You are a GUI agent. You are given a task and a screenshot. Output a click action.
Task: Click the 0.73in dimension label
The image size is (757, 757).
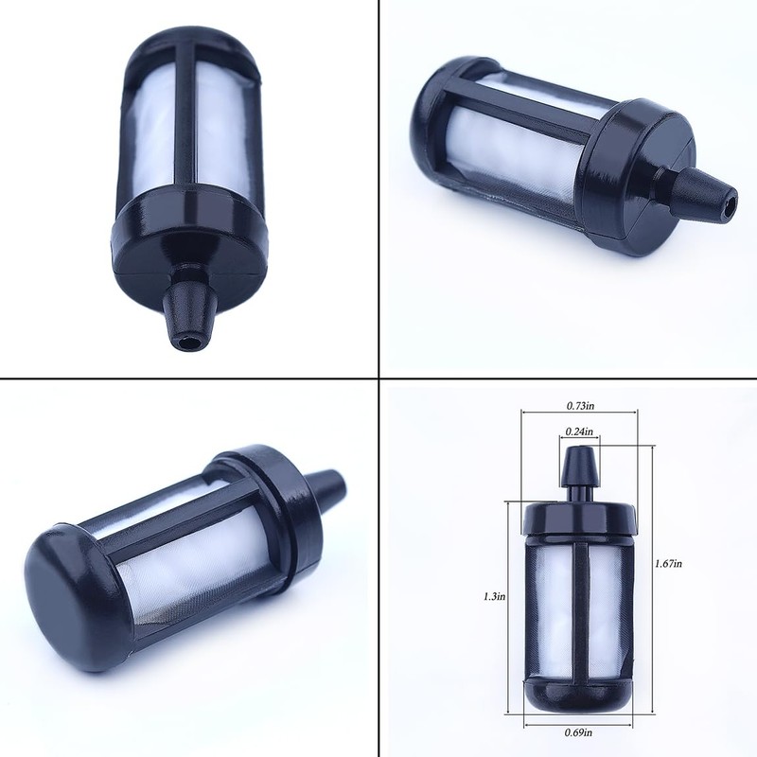580,406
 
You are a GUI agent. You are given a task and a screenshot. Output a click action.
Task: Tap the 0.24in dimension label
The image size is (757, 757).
579,431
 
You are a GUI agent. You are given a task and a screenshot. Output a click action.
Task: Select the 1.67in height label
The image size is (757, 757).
668,563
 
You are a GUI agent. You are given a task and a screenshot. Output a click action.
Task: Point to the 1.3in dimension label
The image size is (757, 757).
495,596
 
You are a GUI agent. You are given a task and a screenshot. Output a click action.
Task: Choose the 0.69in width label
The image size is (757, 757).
578,732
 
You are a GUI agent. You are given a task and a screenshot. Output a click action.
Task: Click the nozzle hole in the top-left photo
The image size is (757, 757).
187,343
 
